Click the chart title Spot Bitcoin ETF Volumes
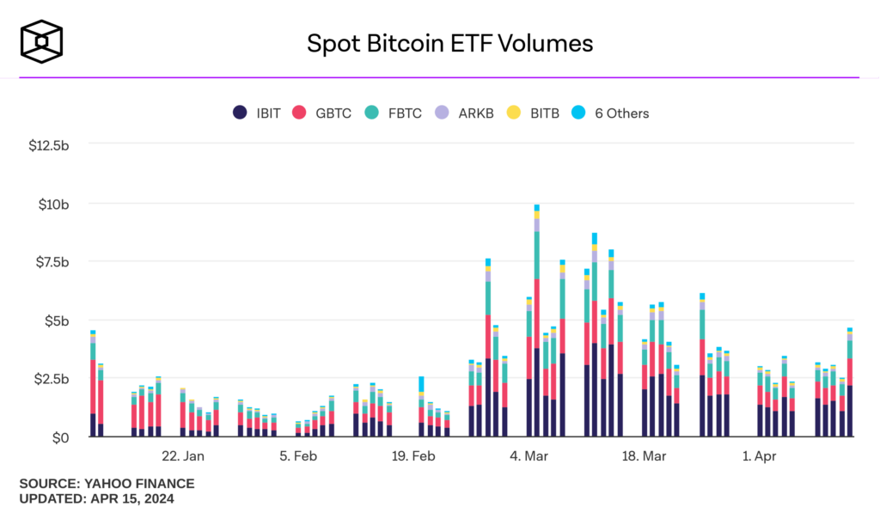point(449,43)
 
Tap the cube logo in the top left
point(42,42)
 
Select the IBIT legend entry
point(257,113)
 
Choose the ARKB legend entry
point(465,113)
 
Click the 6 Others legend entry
point(611,113)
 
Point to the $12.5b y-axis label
point(48,145)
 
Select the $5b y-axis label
point(57,321)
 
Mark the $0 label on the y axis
point(60,437)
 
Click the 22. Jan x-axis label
point(183,456)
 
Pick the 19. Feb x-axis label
point(412,456)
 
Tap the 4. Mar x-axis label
point(529,456)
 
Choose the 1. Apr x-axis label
point(759,456)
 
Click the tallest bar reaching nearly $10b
point(536,327)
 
